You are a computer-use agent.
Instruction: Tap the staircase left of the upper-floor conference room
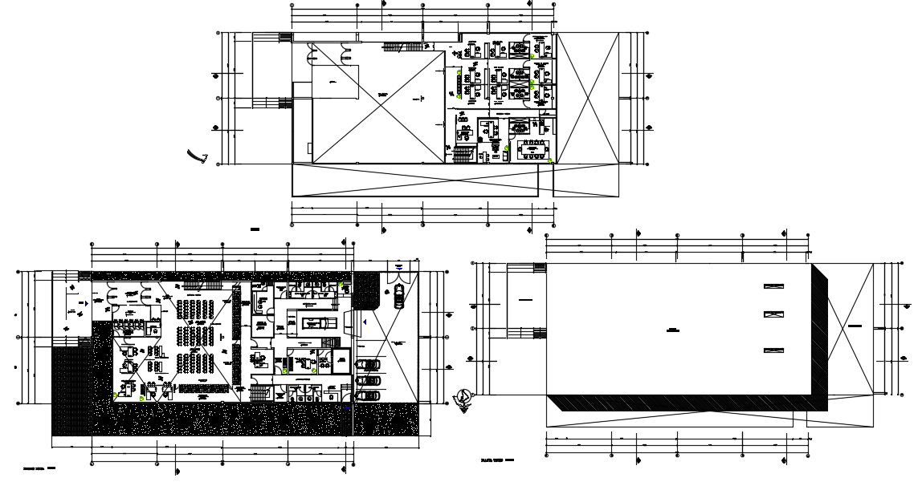463,152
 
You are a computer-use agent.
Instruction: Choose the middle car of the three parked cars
369,380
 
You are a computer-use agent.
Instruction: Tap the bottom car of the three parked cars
369,395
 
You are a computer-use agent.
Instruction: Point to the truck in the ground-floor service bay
314,322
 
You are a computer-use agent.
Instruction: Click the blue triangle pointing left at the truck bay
364,322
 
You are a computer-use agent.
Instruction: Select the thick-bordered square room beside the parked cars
341,362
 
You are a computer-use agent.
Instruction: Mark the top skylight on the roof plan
773,286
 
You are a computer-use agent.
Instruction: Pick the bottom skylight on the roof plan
773,349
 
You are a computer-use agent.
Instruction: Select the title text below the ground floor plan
39,466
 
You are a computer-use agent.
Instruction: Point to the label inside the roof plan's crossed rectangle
854,326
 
